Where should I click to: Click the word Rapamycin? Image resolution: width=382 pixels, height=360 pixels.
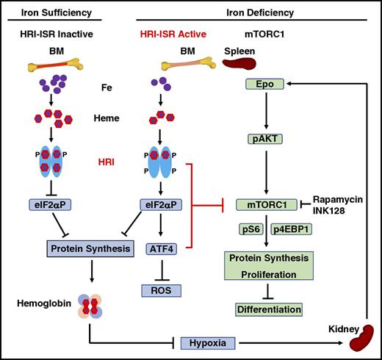pyautogui.click(x=339, y=199)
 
